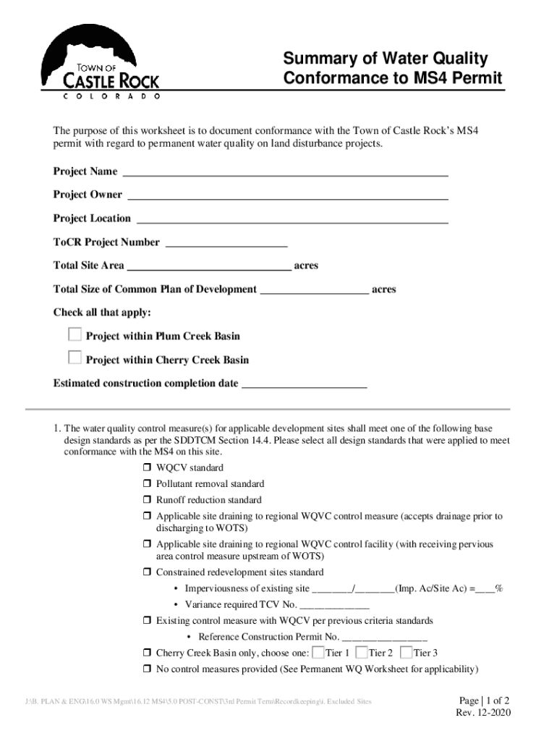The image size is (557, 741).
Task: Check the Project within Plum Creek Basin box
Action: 75,334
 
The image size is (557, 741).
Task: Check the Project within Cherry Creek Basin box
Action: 75,357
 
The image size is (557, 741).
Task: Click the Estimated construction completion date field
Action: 304,385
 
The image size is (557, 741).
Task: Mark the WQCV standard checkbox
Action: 146,467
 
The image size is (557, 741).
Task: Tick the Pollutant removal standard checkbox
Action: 146,483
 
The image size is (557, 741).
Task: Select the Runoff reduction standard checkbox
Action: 146,500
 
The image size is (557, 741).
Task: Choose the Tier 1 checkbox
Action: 318,651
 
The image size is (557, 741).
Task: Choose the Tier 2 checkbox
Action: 362,651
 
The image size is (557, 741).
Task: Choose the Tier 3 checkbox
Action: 406,651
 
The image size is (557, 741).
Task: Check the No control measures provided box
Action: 146,669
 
